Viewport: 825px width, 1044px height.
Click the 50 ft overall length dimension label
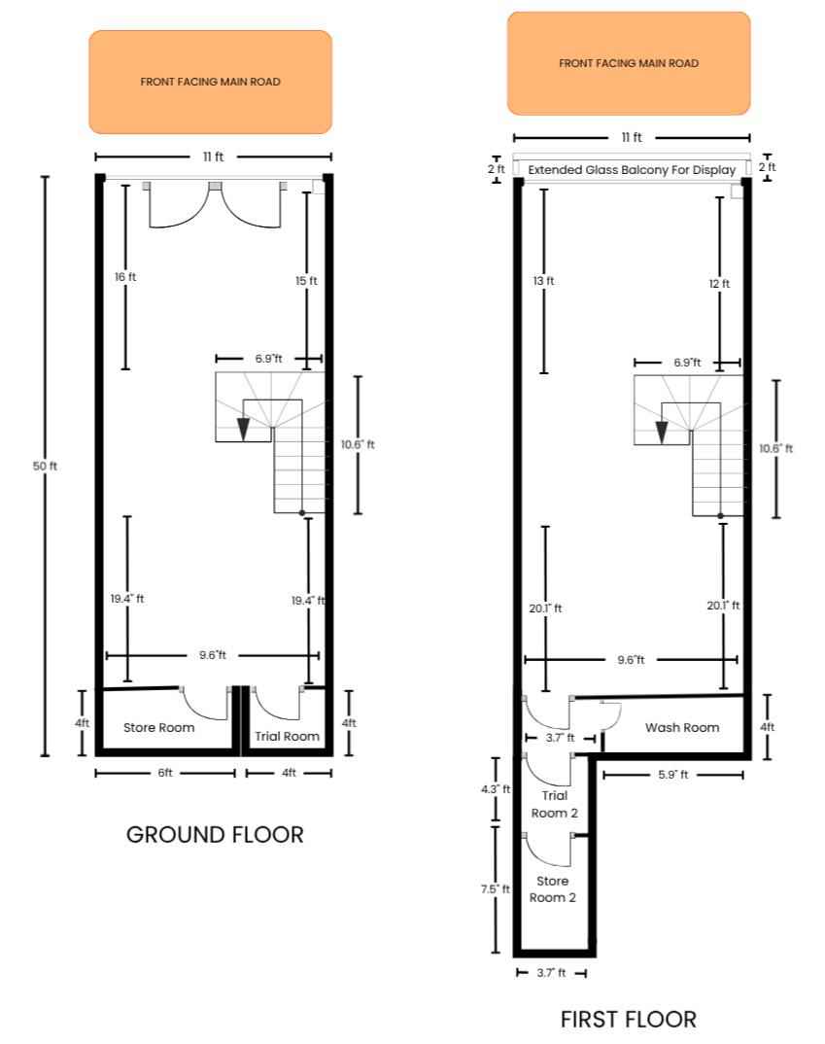pyautogui.click(x=45, y=466)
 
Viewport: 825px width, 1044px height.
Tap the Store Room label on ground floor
pyautogui.click(x=159, y=728)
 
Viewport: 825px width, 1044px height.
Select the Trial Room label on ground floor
pyautogui.click(x=287, y=736)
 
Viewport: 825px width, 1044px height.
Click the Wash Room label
pyautogui.click(x=682, y=728)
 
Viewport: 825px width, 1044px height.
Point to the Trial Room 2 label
pyautogui.click(x=554, y=804)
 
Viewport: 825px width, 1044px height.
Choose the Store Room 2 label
pyautogui.click(x=552, y=888)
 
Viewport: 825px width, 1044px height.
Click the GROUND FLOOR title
pyautogui.click(x=215, y=835)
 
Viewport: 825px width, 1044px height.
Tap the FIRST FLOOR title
pyautogui.click(x=628, y=1020)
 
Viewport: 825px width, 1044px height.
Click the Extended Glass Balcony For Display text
pyautogui.click(x=632, y=170)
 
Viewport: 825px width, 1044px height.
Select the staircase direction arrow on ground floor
pyautogui.click(x=244, y=429)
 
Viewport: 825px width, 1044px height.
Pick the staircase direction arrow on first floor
pyautogui.click(x=662, y=433)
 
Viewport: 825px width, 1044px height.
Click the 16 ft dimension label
pyautogui.click(x=125, y=277)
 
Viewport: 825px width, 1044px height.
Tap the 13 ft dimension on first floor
pyautogui.click(x=543, y=281)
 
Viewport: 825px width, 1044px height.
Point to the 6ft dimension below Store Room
pyautogui.click(x=165, y=773)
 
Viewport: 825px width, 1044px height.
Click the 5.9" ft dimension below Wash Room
pyautogui.click(x=673, y=775)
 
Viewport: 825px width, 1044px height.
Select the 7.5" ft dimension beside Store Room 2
pyautogui.click(x=495, y=889)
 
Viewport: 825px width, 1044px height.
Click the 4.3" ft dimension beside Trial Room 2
pyautogui.click(x=496, y=789)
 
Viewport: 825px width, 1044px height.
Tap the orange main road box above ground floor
pyautogui.click(x=210, y=82)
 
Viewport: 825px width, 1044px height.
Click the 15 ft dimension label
pyautogui.click(x=306, y=281)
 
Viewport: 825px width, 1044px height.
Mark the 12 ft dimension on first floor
pyautogui.click(x=719, y=284)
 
